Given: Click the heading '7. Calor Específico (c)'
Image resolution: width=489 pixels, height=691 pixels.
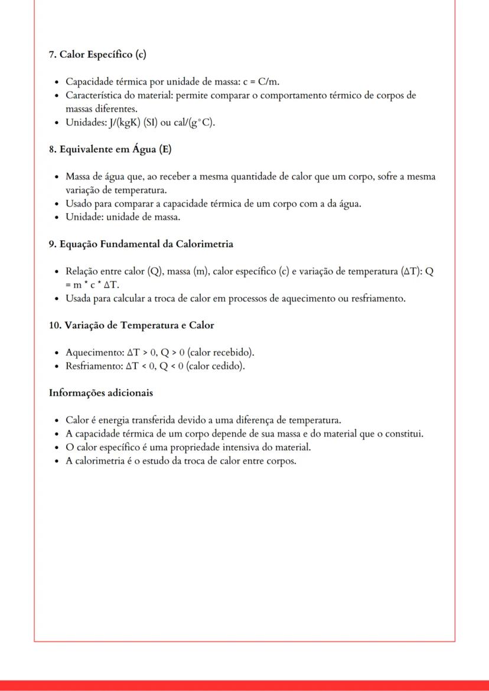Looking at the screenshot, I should pyautogui.click(x=97, y=55).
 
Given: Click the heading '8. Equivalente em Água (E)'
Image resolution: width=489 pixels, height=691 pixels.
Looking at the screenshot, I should pyautogui.click(x=110, y=149).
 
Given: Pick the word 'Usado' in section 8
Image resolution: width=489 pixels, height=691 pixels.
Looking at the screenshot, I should pyautogui.click(x=78, y=204).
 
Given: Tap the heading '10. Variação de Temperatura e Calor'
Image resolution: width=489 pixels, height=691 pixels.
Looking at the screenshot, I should pyautogui.click(x=131, y=325).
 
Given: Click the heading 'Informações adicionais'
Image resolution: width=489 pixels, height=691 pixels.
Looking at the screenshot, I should pyautogui.click(x=101, y=392).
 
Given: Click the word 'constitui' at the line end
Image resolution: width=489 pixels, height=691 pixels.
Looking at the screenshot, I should pyautogui.click(x=406, y=434).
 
